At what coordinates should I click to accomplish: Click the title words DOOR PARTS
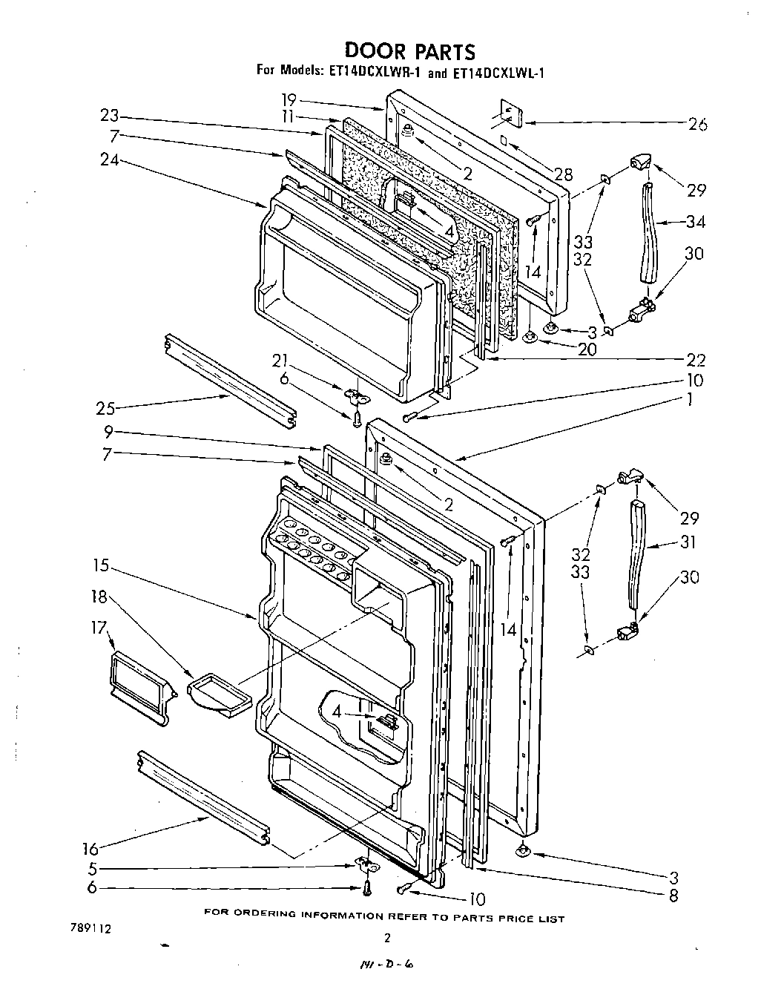click(409, 51)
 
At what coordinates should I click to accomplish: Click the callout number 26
click(698, 124)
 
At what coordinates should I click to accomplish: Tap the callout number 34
click(696, 221)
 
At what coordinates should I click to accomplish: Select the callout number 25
click(105, 407)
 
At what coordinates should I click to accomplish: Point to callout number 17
click(98, 628)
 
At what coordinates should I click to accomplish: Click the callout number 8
click(673, 896)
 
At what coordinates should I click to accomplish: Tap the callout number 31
click(688, 542)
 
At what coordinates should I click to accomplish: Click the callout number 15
click(100, 566)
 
